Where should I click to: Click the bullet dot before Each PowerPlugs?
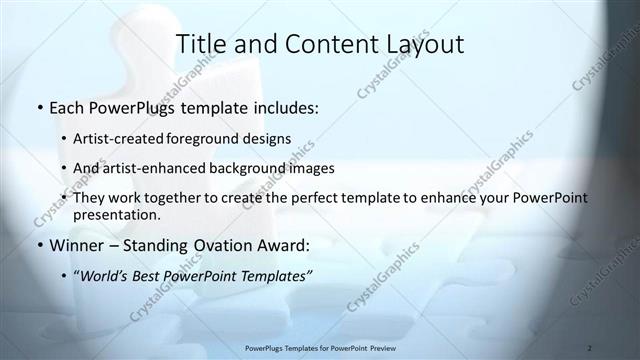39,105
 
